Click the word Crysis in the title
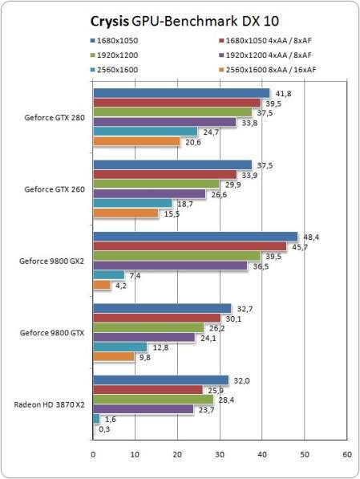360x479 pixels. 109,22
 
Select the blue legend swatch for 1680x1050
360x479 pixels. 92,41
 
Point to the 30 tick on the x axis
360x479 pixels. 220,455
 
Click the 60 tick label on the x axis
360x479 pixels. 347,455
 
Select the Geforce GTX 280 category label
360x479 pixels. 55,118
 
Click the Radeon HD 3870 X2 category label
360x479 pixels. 49,404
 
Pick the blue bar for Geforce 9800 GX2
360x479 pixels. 196,237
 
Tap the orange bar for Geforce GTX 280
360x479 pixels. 136,142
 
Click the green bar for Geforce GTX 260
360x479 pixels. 156,185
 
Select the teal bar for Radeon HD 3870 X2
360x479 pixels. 96,419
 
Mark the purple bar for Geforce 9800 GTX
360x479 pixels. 144,337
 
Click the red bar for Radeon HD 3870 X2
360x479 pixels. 148,390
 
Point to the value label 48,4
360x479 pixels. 311,237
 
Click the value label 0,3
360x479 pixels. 104,429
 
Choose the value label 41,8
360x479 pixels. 283,94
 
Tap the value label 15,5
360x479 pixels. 172,214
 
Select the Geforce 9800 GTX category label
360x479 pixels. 52,333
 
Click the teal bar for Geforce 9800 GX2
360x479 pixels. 109,275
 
